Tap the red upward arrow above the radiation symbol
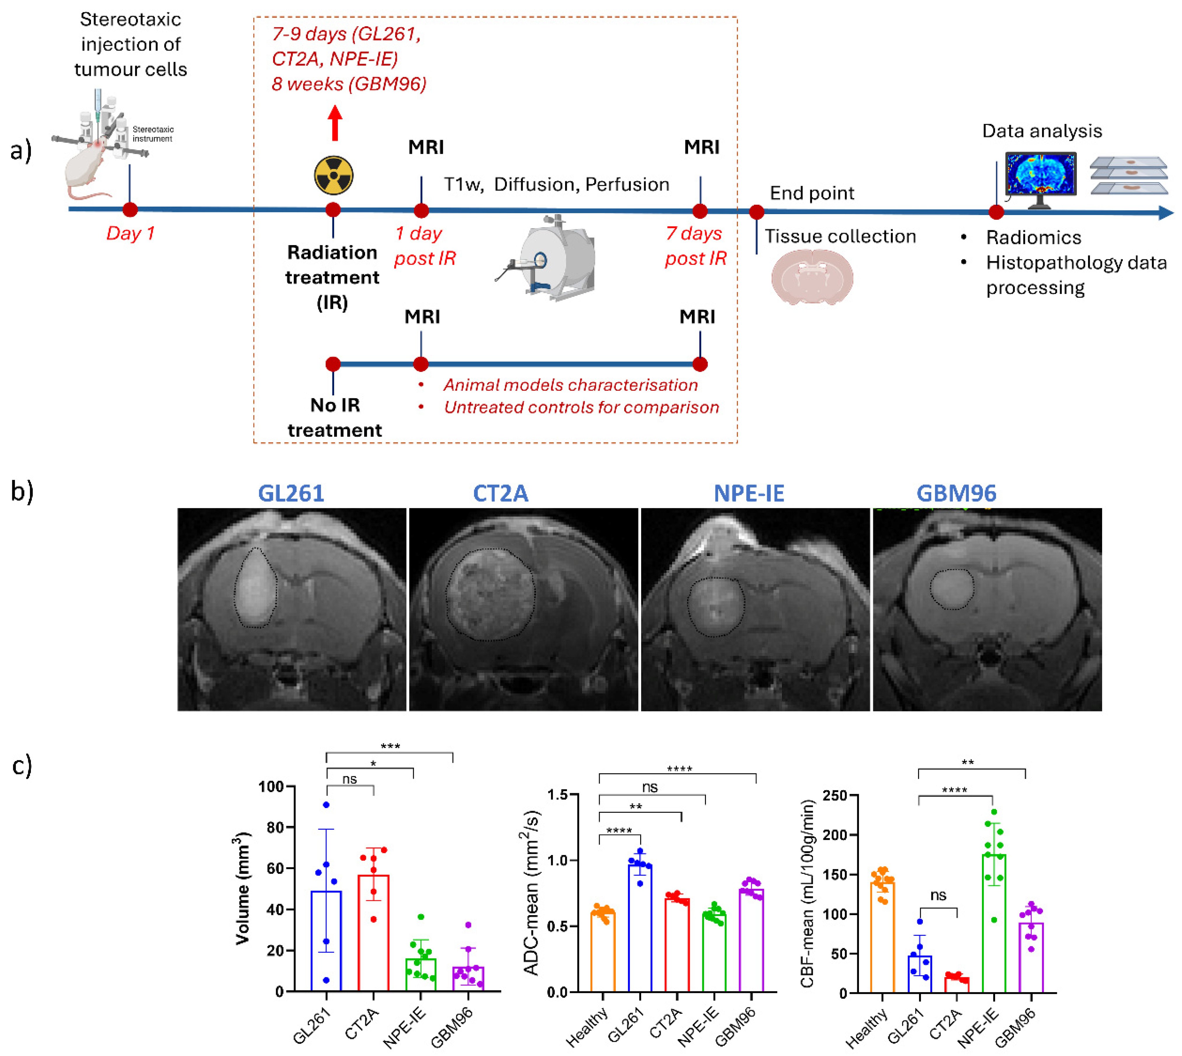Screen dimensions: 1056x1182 [335, 123]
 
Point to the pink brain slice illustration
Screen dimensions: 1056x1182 [812, 277]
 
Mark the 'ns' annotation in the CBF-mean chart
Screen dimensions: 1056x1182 [938, 895]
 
